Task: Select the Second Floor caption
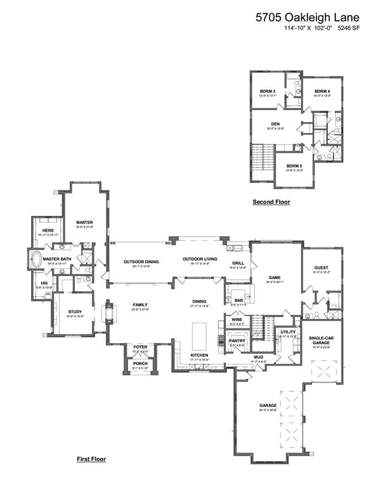(x=271, y=202)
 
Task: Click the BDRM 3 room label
(x=267, y=92)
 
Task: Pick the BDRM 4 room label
(x=323, y=92)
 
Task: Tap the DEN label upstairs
(x=275, y=123)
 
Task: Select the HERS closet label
(x=48, y=230)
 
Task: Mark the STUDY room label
(x=75, y=311)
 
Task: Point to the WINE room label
(x=236, y=320)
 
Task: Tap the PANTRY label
(x=237, y=340)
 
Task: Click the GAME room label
(x=275, y=277)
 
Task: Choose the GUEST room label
(x=321, y=268)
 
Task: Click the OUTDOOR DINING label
(x=141, y=261)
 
